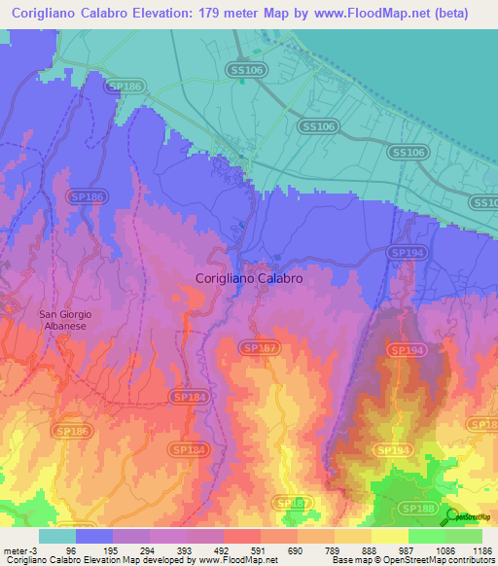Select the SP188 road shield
pyautogui.click(x=420, y=508)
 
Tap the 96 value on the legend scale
pyautogui.click(x=70, y=550)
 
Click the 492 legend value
pyautogui.click(x=221, y=550)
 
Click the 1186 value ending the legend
pyautogui.click(x=481, y=550)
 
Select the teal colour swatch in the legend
pyautogui.click(x=57, y=536)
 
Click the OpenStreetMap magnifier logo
pyautogui.click(x=451, y=516)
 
